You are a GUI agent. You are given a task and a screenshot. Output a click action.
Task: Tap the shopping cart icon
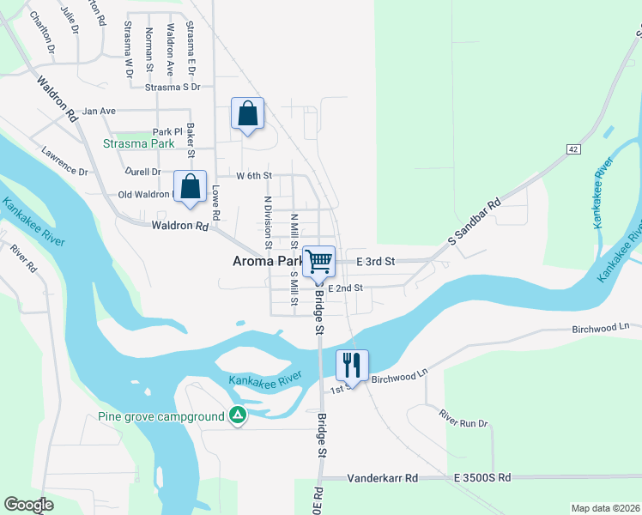click(319, 261)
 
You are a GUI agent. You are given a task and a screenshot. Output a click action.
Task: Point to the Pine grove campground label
click(160, 417)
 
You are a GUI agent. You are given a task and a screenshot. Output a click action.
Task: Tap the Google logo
click(29, 505)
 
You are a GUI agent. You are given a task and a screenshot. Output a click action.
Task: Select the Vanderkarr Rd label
click(382, 477)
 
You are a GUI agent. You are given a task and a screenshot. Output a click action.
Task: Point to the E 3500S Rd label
click(479, 477)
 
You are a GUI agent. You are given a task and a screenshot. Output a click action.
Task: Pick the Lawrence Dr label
click(64, 160)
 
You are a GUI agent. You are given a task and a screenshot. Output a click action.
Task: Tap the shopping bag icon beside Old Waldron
click(190, 186)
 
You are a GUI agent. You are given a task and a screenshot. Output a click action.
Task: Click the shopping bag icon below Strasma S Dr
click(247, 113)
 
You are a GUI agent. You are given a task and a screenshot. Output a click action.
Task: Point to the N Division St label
click(268, 221)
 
